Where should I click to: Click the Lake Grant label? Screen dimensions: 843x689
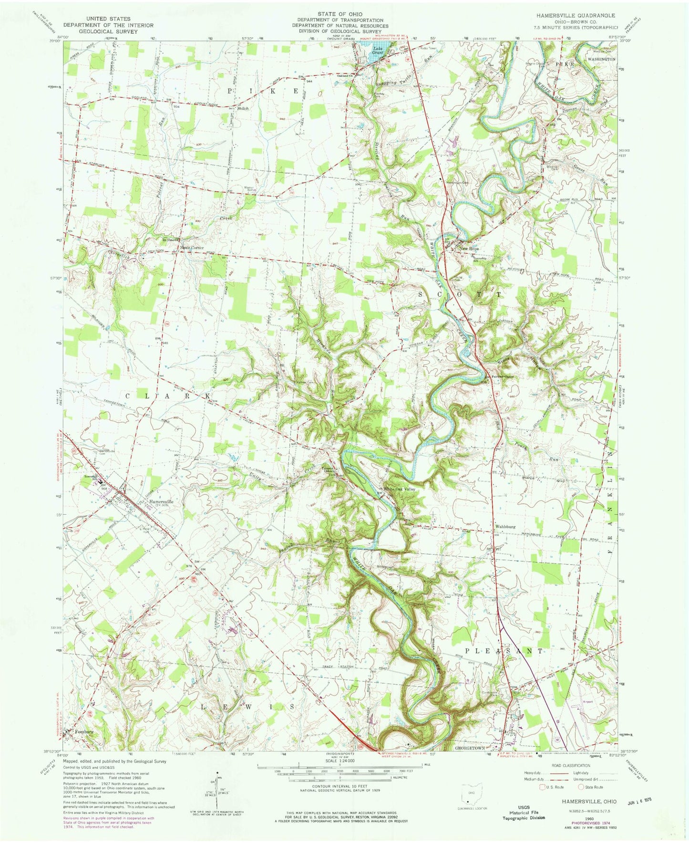pyautogui.click(x=378, y=49)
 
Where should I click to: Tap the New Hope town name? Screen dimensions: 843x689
pyautogui.click(x=469, y=249)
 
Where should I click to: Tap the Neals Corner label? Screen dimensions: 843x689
pyautogui.click(x=192, y=248)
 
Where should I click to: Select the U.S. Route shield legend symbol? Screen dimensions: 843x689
pyautogui.click(x=542, y=787)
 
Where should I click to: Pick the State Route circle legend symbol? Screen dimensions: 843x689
pyautogui.click(x=581, y=787)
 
